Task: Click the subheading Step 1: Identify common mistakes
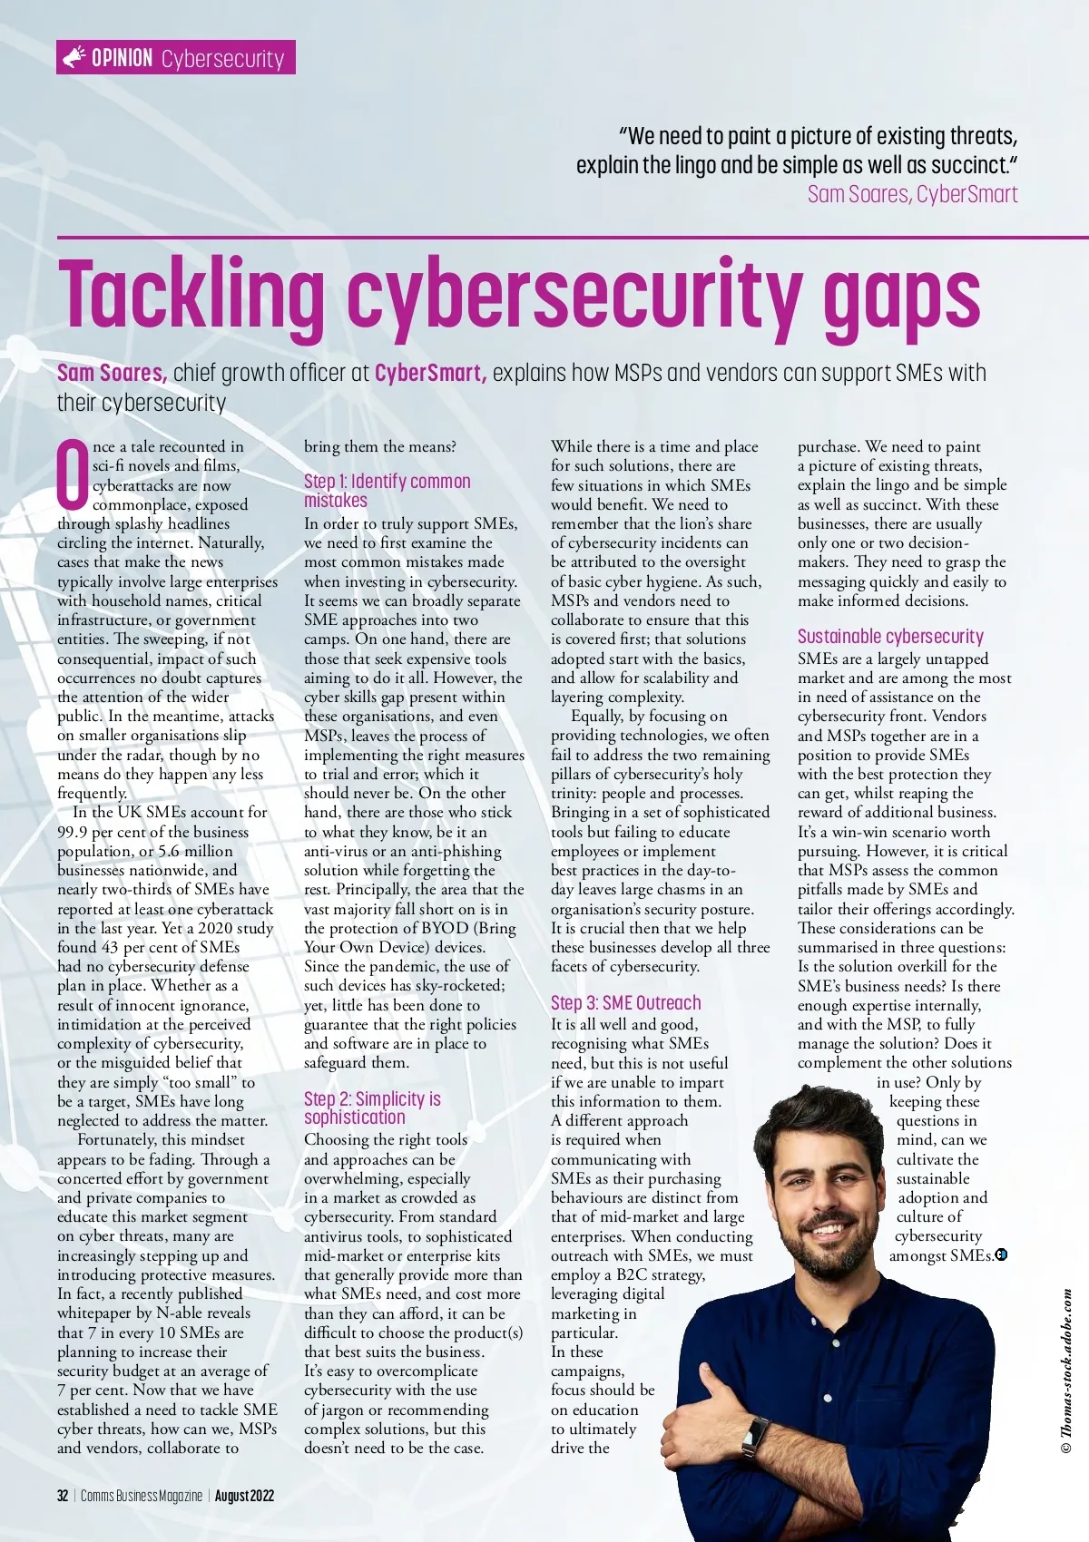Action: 387,491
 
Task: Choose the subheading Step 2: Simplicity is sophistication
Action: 372,1108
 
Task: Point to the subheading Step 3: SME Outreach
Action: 625,1002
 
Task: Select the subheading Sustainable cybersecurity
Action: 890,636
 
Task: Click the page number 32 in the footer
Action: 63,1496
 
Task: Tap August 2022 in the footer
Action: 244,1496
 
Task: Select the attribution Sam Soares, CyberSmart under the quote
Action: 912,194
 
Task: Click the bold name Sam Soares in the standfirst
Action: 112,373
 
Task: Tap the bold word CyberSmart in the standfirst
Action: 430,373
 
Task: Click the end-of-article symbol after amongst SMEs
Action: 1001,1255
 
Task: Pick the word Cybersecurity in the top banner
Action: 222,59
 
